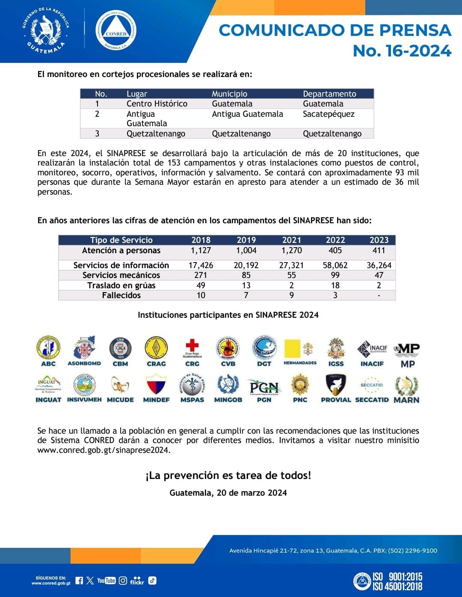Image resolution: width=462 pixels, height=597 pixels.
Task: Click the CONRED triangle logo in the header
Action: pyautogui.click(x=116, y=30)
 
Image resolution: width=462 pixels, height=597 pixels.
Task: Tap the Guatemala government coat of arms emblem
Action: pyautogui.click(x=45, y=30)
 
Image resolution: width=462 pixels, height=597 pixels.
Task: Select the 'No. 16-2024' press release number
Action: pyautogui.click(x=402, y=51)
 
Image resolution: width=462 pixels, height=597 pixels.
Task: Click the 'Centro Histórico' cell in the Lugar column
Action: pyautogui.click(x=157, y=103)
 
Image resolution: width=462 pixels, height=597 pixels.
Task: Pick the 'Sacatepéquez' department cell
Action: pyautogui.click(x=329, y=114)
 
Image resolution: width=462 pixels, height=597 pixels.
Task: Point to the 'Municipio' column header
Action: pyautogui.click(x=229, y=94)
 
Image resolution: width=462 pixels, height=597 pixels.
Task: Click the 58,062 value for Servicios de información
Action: pyautogui.click(x=335, y=265)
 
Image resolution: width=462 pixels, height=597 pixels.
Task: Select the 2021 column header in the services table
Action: pyautogui.click(x=291, y=240)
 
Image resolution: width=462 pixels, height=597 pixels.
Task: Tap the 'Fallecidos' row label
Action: pyautogui.click(x=121, y=295)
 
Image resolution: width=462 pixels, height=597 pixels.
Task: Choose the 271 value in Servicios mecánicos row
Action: pyautogui.click(x=201, y=275)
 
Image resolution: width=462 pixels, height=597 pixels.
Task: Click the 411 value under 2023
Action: pyautogui.click(x=379, y=250)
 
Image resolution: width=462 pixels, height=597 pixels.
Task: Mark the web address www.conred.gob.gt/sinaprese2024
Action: pyautogui.click(x=104, y=450)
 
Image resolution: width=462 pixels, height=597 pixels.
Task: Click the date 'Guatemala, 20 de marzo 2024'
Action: pyautogui.click(x=228, y=493)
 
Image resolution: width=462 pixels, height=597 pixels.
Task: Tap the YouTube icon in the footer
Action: pyautogui.click(x=106, y=580)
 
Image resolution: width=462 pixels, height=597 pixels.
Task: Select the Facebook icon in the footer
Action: pyautogui.click(x=79, y=580)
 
